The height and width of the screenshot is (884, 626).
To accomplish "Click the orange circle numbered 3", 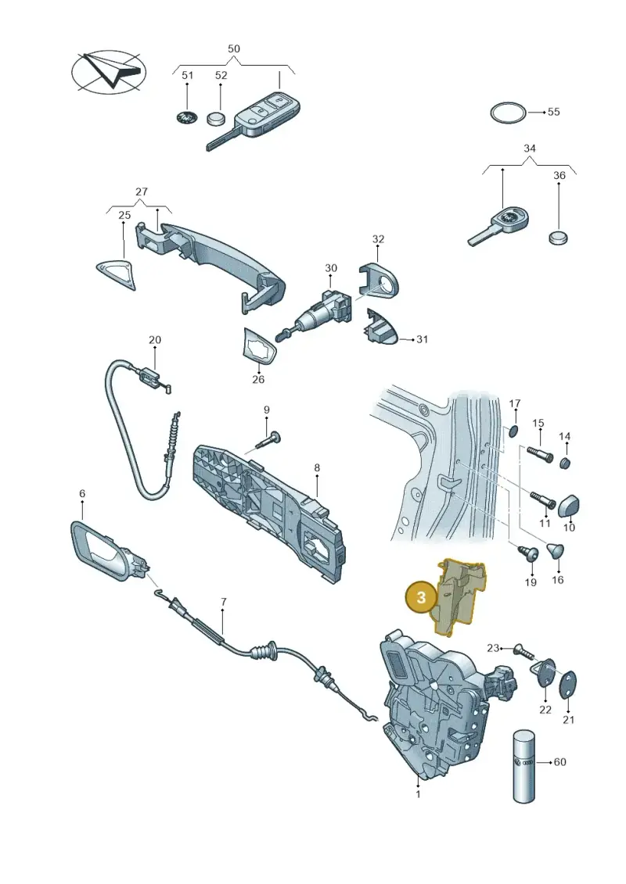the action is pos(421,596).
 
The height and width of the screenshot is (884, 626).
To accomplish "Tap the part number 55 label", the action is pos(554,112).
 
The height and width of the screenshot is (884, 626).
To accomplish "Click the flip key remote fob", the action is pos(253,120).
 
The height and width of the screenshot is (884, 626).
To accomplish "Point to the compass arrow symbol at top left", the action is pos(109,72).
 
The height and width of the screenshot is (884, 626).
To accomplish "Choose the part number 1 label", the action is pos(419,794).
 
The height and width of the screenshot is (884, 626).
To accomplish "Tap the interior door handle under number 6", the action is pos(109,552).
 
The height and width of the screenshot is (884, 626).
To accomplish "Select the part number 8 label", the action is pos(317,467).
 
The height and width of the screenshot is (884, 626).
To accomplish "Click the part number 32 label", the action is pos(378,239).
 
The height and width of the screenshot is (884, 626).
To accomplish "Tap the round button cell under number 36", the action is pos(558,237).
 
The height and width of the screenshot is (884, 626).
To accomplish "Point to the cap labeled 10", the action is pos(569,506).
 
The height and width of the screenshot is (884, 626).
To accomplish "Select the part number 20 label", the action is pos(155,340).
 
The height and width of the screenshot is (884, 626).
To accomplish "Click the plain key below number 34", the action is pos(499,225).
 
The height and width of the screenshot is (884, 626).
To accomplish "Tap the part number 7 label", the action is pos(224,602).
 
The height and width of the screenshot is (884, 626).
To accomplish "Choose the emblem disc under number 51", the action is pos(185,118).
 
